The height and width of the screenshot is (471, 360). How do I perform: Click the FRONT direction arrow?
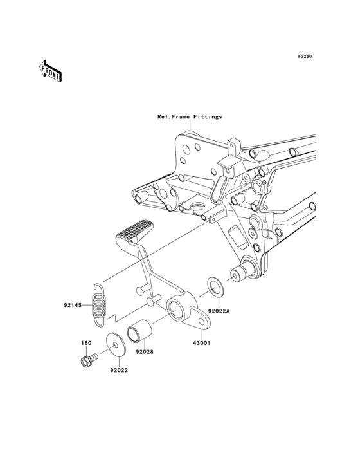pos(50,71)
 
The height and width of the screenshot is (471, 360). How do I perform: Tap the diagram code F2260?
pos(305,56)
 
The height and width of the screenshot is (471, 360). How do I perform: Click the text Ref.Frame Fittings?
pos(190,116)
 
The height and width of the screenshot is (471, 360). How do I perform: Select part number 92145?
pos(73,306)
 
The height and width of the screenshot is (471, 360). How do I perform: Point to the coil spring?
pos(98,305)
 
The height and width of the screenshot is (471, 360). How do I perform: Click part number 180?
pos(86,343)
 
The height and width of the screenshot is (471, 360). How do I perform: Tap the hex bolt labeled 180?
pos(89,359)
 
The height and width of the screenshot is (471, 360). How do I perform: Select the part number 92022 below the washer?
pos(118,371)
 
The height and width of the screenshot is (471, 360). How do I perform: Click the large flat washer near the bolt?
pos(116,344)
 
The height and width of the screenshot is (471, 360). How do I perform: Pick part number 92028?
pos(144,352)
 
